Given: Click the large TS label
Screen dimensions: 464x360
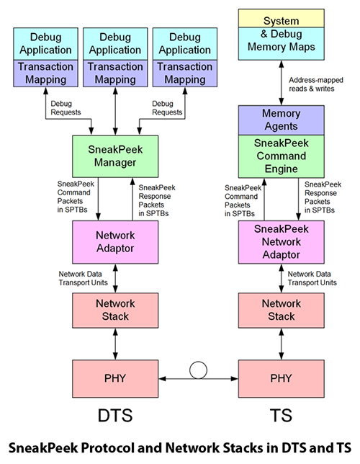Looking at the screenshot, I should (281, 416).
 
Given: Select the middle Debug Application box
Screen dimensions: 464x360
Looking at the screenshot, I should (114, 44).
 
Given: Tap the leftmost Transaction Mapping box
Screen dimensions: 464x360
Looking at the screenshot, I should (45, 73).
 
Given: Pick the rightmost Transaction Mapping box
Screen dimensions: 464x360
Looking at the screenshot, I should (185, 73).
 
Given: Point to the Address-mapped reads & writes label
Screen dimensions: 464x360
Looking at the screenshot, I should (314, 84).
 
